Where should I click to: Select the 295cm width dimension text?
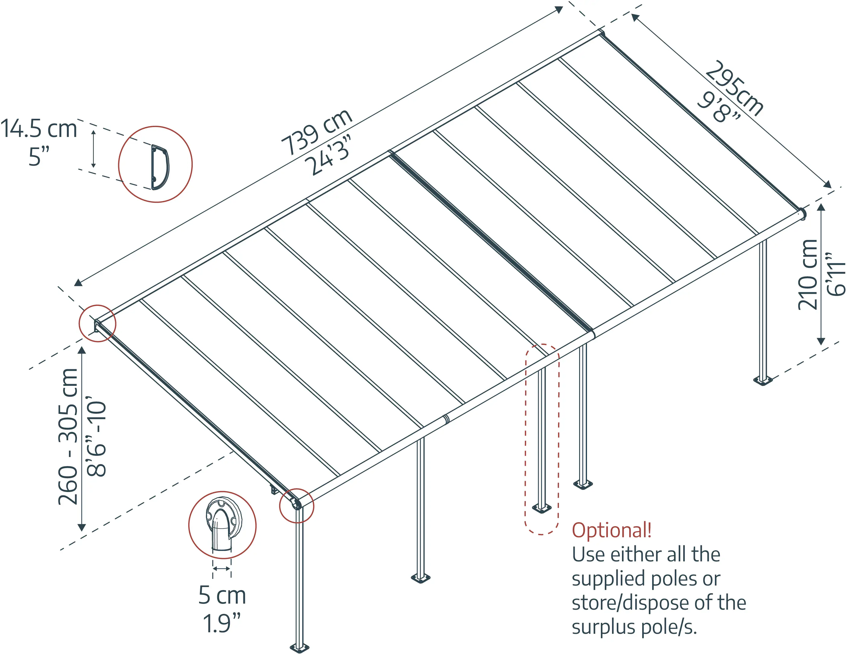(734, 88)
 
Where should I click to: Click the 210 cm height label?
(807, 275)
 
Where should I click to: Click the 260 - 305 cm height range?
(68, 437)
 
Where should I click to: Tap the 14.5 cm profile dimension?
(39, 129)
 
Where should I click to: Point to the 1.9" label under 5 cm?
(221, 623)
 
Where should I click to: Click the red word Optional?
(612, 530)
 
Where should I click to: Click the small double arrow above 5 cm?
(221, 569)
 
